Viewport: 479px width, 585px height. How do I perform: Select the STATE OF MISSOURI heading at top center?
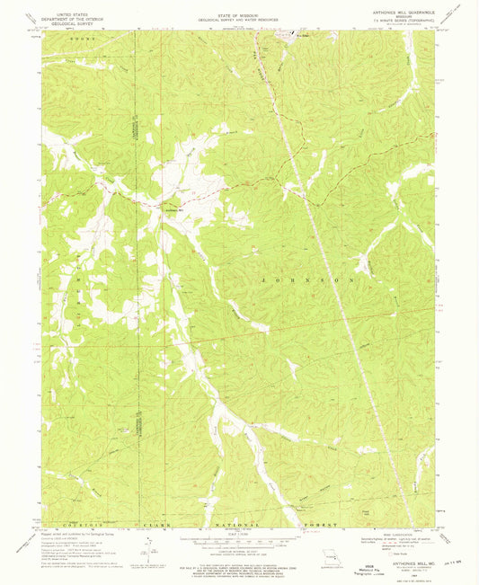pyautogui.click(x=238, y=13)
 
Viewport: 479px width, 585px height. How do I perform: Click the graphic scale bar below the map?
pyautogui.click(x=238, y=544)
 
